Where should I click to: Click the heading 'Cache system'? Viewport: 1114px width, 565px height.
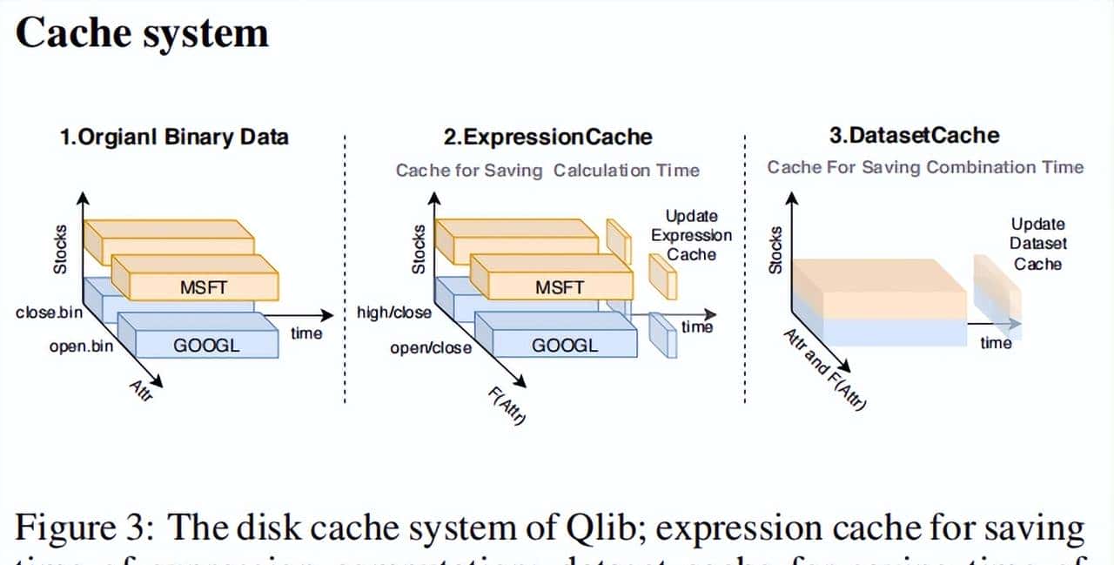pos(142,34)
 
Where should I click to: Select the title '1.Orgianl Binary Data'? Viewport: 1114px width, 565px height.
pos(174,137)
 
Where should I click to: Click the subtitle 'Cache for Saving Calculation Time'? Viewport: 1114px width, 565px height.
pos(547,171)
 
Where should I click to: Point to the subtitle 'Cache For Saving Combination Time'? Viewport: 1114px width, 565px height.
pos(925,167)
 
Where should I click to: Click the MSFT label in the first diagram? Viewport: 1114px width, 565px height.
pos(204,286)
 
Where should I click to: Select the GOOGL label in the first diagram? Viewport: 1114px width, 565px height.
pos(206,345)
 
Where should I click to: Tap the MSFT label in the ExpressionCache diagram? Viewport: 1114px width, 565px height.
pos(560,286)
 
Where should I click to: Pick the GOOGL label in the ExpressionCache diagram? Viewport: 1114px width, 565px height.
pos(565,345)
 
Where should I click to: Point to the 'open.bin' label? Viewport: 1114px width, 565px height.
pos(81,346)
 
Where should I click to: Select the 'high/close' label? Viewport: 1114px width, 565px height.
pos(393,312)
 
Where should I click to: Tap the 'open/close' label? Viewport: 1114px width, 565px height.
pos(431,348)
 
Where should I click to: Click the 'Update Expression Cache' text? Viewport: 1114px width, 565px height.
pos(692,235)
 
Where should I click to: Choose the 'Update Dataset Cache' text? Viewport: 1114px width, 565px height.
pos(1037,244)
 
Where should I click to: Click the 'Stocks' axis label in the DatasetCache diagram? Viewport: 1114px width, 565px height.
pos(775,249)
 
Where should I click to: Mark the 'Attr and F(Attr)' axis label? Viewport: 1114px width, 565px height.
pos(824,370)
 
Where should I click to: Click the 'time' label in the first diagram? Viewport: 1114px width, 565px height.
pos(305,333)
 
